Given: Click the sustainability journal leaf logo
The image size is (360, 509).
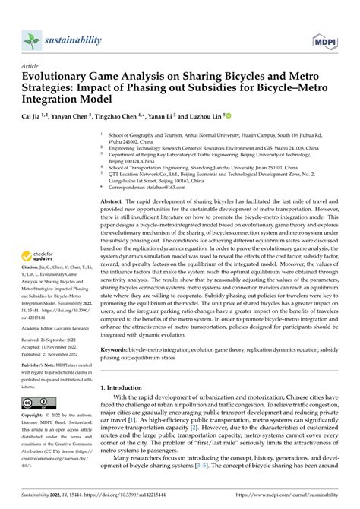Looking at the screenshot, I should [x=30, y=39].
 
